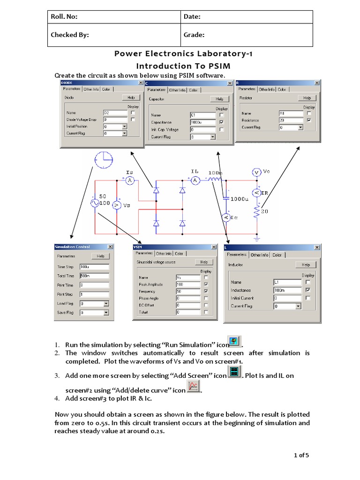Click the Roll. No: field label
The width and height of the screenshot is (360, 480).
pyautogui.click(x=65, y=17)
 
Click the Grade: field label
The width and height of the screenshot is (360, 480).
pyautogui.click(x=194, y=35)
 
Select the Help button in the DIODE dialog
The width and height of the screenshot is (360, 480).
pyautogui.click(x=131, y=97)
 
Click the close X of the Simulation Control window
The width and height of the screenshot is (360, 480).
pyautogui.click(x=110, y=247)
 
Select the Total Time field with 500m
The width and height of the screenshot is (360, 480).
pyautogui.click(x=94, y=276)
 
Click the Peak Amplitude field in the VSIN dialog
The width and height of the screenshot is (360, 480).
pyautogui.click(x=187, y=284)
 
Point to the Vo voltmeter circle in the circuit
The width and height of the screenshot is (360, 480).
pyautogui.click(x=257, y=172)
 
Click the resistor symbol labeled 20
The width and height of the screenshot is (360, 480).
pyautogui.click(x=257, y=212)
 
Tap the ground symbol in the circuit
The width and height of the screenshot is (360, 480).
pyautogui.click(x=257, y=238)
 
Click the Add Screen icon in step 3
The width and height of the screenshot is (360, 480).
pyautogui.click(x=234, y=373)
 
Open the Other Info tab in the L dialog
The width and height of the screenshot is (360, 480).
pyautogui.click(x=259, y=255)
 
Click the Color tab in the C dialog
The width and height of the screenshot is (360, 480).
pyautogui.click(x=193, y=90)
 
